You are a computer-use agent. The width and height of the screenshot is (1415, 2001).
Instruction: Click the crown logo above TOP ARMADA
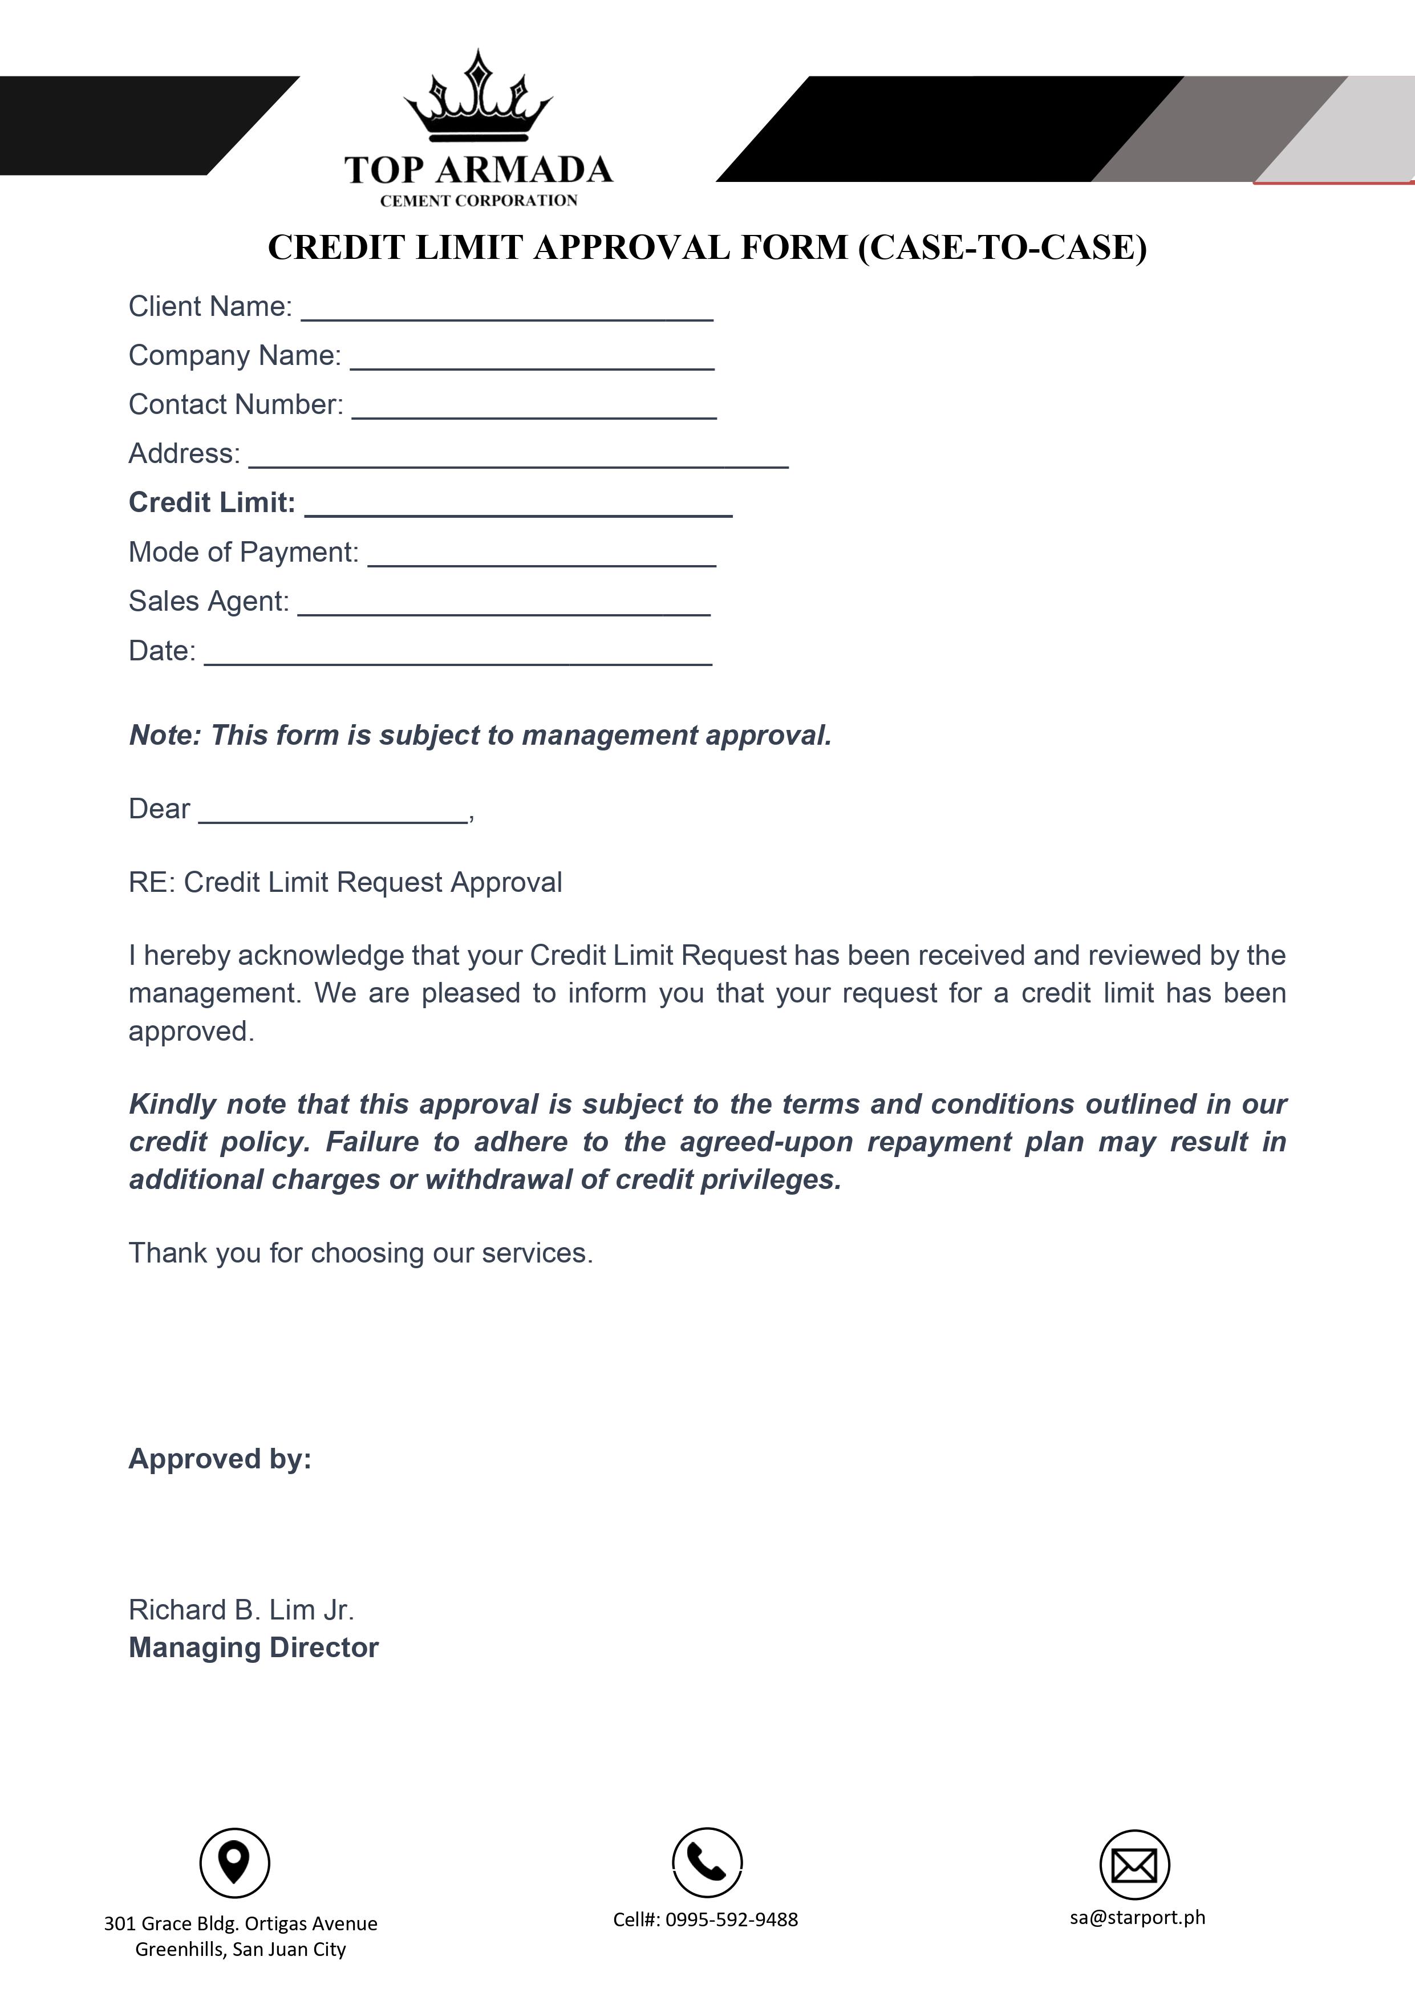(x=478, y=98)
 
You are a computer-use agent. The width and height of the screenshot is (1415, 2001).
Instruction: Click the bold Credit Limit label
(x=212, y=503)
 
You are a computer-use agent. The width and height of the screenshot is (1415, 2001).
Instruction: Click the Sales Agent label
(x=208, y=602)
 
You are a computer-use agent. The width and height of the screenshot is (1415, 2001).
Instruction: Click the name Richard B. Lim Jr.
(x=241, y=1610)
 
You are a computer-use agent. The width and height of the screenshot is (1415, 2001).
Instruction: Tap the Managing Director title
(x=254, y=1648)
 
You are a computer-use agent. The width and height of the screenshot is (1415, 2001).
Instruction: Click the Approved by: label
(x=220, y=1459)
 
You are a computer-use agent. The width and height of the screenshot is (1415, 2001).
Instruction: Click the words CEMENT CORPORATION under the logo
(x=479, y=201)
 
